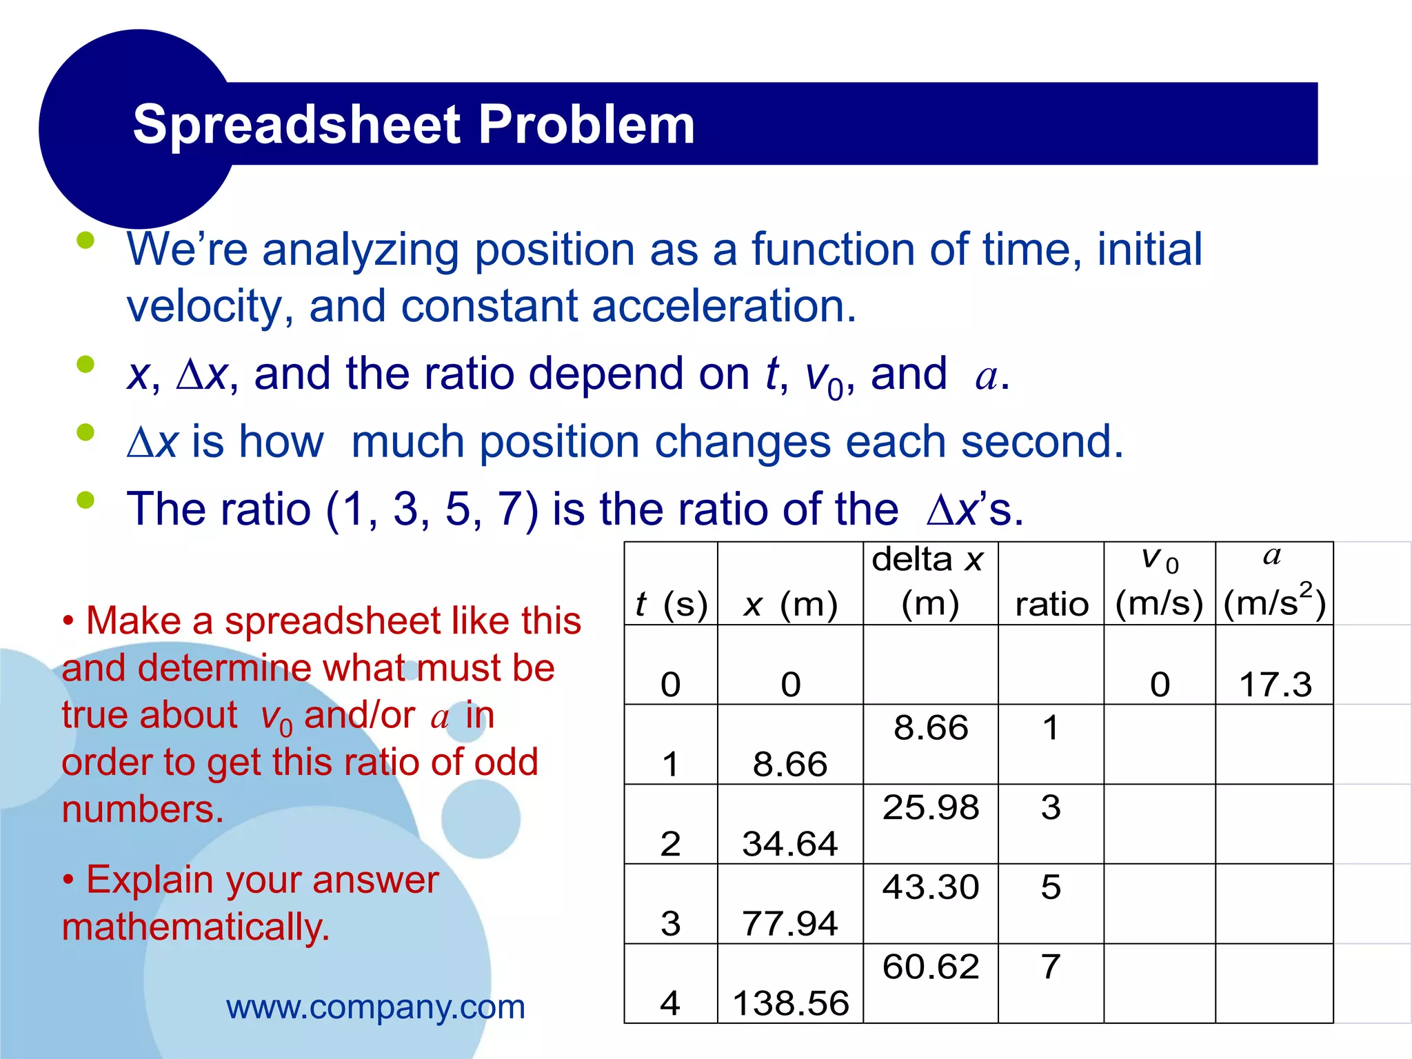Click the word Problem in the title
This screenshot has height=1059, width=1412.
(586, 125)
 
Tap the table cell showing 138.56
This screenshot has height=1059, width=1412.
(791, 1002)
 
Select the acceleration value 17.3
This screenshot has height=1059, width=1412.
(1275, 685)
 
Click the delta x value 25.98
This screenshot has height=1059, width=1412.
(931, 807)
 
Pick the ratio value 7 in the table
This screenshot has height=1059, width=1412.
(1051, 966)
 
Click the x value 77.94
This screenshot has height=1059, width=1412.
(790, 923)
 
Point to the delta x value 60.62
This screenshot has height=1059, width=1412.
(931, 966)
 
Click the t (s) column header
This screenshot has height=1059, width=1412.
(671, 604)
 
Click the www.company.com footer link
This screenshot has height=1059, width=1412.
(376, 1007)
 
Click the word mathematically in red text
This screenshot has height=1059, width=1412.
(196, 927)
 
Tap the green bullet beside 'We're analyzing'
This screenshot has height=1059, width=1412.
(85, 241)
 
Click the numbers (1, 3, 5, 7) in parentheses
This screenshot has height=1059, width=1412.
(432, 510)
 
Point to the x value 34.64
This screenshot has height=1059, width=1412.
(790, 844)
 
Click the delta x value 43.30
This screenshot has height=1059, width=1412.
(931, 887)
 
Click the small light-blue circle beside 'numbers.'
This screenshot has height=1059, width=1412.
(480, 818)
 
